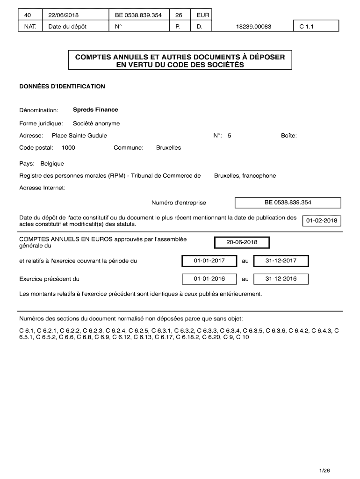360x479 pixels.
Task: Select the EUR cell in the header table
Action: pyautogui.click(x=203, y=15)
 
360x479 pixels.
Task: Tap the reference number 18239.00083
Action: pyautogui.click(x=253, y=27)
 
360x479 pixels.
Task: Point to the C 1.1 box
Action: pyautogui.click(x=306, y=27)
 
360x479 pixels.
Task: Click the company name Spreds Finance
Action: pyautogui.click(x=95, y=110)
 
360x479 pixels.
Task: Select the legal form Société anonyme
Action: pyautogui.click(x=96, y=123)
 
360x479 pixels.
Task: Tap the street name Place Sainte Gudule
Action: pyautogui.click(x=79, y=136)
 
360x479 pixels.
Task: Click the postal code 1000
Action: pyautogui.click(x=68, y=148)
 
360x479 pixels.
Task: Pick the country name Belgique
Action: pyautogui.click(x=52, y=164)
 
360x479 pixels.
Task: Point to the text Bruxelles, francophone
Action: pyautogui.click(x=245, y=176)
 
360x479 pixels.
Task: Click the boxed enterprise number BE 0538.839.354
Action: pyautogui.click(x=288, y=203)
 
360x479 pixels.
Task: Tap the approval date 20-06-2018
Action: pyautogui.click(x=242, y=242)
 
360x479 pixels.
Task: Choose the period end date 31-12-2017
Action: pyautogui.click(x=281, y=261)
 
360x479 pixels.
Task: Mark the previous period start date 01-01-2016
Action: pyautogui.click(x=209, y=279)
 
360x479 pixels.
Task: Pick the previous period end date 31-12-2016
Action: pyautogui.click(x=281, y=279)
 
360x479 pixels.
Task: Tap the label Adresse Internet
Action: pyautogui.click(x=42, y=188)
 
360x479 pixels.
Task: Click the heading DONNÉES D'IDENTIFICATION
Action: pyautogui.click(x=62, y=87)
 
